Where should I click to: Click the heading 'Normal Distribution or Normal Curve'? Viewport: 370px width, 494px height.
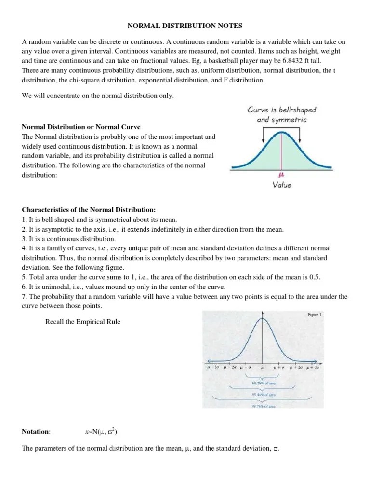[81, 127]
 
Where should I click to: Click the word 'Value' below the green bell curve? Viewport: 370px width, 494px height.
[282, 185]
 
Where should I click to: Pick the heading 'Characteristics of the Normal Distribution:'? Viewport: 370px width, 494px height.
[89, 210]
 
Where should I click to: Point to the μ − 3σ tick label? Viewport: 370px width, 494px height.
[213, 368]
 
